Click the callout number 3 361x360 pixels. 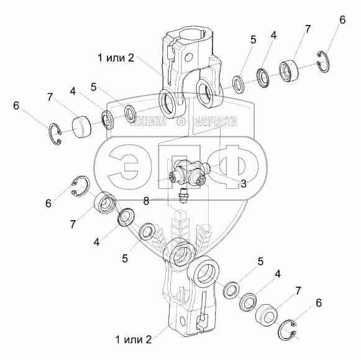pos(244,183)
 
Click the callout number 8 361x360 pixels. pos(146,201)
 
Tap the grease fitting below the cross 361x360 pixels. pos(183,195)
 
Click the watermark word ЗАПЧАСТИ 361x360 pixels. pos(216,121)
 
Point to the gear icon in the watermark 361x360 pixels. pos(181,122)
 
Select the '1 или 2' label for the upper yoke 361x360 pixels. pos(116,58)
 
